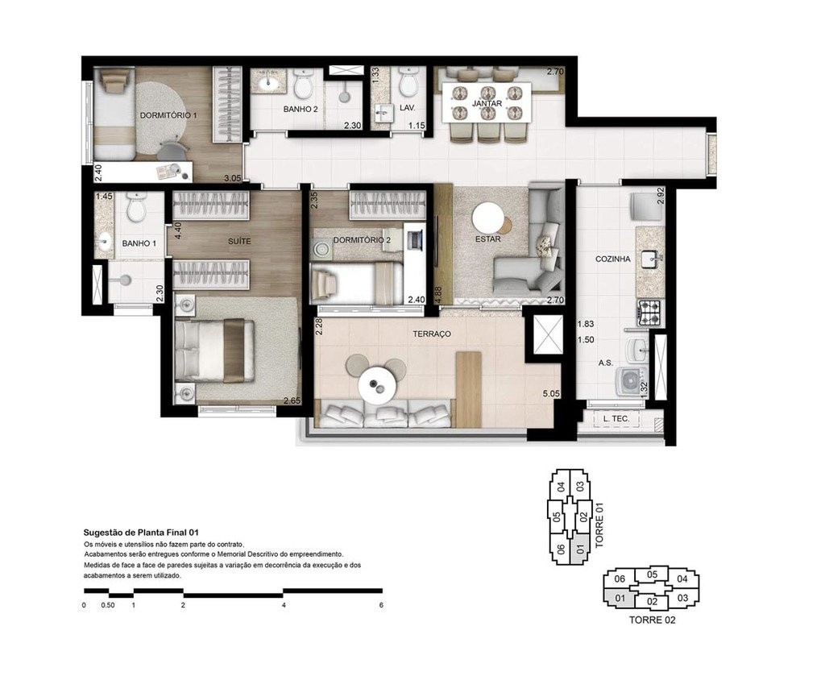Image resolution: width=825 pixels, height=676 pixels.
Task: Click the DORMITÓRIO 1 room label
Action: click(169, 116)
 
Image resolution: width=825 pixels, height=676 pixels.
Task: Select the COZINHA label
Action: click(612, 259)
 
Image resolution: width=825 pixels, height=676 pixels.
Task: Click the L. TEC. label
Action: click(616, 419)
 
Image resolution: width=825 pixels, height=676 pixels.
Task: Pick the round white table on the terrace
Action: click(375, 381)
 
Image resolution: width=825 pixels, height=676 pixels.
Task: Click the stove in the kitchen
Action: click(649, 311)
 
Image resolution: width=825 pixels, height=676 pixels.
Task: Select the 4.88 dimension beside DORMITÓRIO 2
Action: click(438, 293)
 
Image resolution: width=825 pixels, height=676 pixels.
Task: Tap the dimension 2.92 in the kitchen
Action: click(661, 196)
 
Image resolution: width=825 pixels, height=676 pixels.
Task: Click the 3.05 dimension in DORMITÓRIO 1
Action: click(232, 178)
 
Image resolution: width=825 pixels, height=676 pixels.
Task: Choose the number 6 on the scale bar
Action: click(381, 604)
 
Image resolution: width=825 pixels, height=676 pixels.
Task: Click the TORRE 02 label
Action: click(652, 620)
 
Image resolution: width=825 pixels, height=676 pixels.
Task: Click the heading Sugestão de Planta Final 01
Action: click(141, 533)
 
